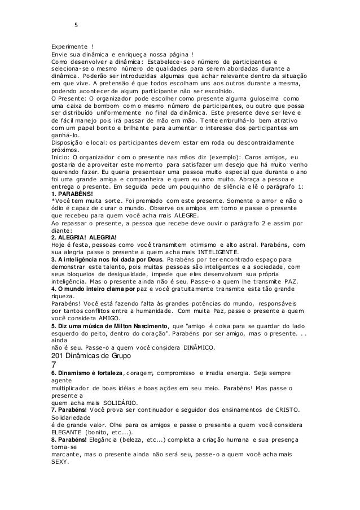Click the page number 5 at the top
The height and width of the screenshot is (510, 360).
pyautogui.click(x=76, y=24)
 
